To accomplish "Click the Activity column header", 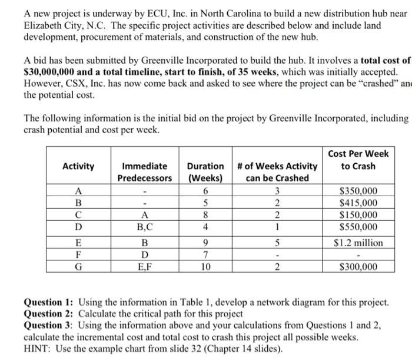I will [78, 166].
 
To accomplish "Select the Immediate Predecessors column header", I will [144, 172].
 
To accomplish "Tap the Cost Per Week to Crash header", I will [358, 160].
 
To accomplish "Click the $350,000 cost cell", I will [359, 191].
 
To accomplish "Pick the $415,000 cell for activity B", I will [359, 203].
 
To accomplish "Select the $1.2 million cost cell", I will [359, 243].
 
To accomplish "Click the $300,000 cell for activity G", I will [359, 267].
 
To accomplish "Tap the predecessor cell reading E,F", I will [144, 267].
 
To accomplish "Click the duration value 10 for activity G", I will [205, 267].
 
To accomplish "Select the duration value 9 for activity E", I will [205, 243].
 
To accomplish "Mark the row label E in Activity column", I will [78, 243].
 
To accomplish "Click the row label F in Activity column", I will [78, 255].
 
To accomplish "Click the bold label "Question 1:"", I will [49, 302].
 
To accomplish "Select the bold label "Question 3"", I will [48, 325].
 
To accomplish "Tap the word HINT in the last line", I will [38, 347].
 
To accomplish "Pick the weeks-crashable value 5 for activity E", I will [277, 243].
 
